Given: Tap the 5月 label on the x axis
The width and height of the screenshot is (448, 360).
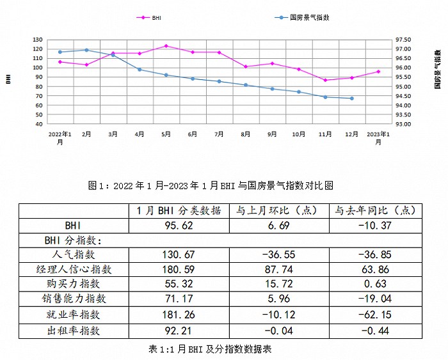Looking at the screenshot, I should (x=166, y=134).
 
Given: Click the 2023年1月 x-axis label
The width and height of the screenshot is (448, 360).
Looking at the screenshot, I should (x=378, y=137).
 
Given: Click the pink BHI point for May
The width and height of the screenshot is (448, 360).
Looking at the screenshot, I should (x=166, y=46).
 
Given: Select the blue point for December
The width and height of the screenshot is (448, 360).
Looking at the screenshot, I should (x=351, y=98).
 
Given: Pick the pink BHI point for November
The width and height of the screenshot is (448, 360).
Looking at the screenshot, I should (x=325, y=80).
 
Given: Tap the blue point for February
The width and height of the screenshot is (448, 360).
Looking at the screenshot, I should (x=86, y=50).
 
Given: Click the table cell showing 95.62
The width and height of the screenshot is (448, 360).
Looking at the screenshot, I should (x=179, y=226).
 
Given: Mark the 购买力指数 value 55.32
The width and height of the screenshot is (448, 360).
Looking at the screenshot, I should (x=179, y=284).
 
